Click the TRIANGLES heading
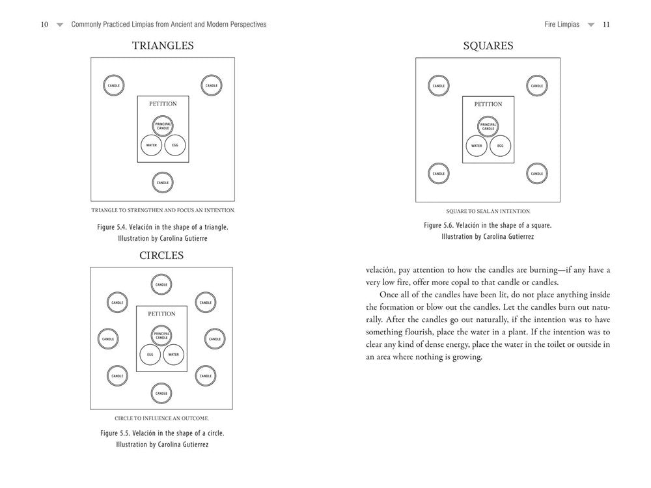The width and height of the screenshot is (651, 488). (x=163, y=46)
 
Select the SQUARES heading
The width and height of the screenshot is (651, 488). (x=488, y=46)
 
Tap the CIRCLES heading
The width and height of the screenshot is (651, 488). (x=161, y=255)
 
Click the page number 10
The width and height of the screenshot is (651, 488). (x=44, y=24)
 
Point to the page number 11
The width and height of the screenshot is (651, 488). (x=606, y=24)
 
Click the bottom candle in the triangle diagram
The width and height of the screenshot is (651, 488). (x=163, y=183)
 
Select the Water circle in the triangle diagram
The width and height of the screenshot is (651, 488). (x=151, y=145)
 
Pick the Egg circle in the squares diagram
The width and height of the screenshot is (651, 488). (x=500, y=146)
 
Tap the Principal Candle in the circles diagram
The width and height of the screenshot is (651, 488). (x=162, y=336)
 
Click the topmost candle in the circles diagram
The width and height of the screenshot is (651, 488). (x=162, y=284)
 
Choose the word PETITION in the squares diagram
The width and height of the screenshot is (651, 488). (x=488, y=104)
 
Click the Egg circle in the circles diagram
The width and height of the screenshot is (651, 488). (x=150, y=355)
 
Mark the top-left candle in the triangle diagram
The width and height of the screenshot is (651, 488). (x=114, y=85)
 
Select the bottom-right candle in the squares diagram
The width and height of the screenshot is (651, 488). (x=536, y=174)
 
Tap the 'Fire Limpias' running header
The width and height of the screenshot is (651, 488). (x=562, y=24)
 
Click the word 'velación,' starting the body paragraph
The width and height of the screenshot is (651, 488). (x=383, y=269)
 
